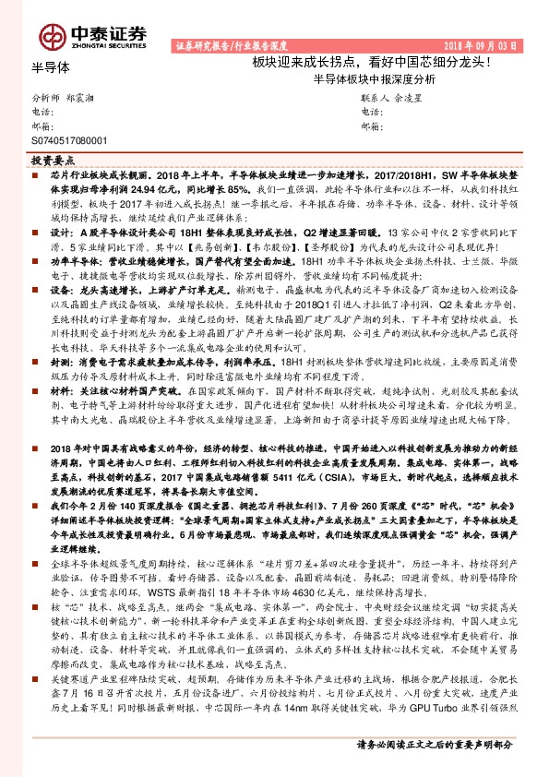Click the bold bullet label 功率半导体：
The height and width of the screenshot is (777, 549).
[x=72, y=261]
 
